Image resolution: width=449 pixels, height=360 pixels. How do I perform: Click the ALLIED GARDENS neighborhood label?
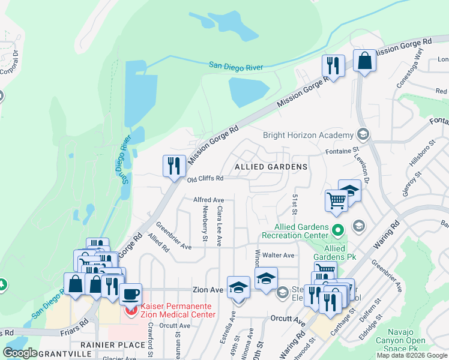coord(271,166)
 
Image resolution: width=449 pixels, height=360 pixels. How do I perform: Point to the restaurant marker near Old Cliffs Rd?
coord(174,165)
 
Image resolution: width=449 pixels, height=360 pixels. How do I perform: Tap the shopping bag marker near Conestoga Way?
coord(364,61)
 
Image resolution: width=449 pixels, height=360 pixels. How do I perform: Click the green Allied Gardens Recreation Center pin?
coord(338,229)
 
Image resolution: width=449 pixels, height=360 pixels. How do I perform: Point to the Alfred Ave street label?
coord(208,200)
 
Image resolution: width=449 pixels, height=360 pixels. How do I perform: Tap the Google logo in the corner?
coord(20,353)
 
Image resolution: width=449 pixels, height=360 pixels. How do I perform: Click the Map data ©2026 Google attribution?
coord(412,355)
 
